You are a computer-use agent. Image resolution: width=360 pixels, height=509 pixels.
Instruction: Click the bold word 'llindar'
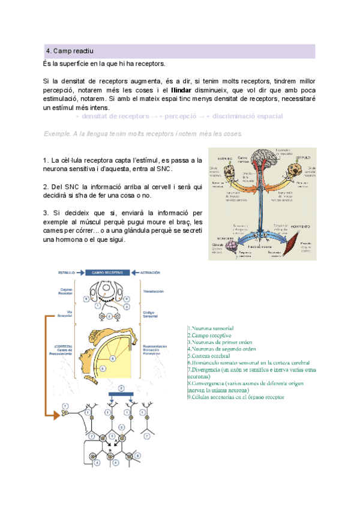(181, 89)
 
